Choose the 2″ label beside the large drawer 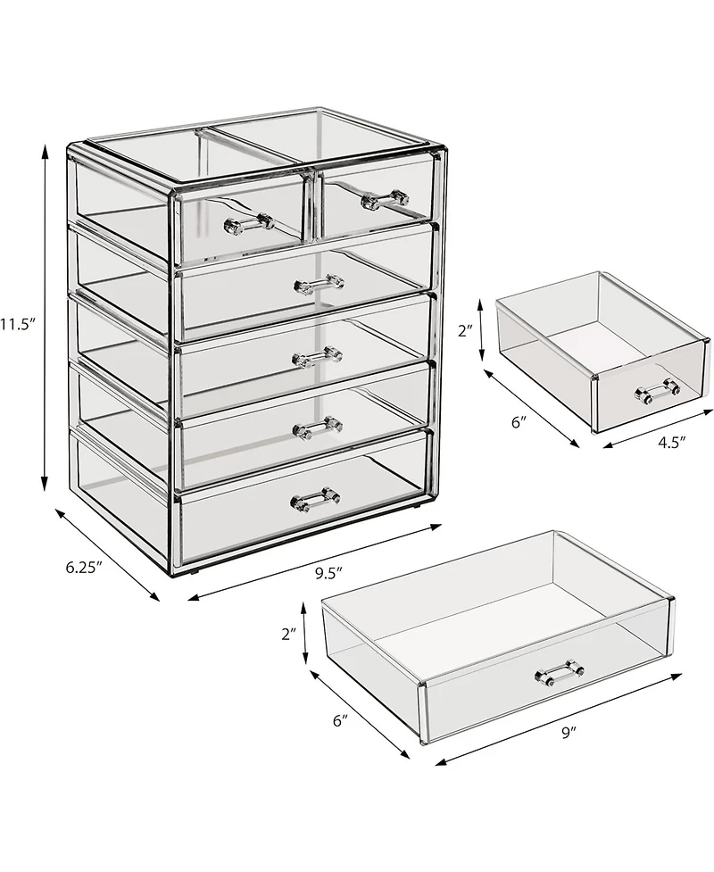287,635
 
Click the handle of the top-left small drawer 248,220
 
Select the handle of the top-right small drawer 385,199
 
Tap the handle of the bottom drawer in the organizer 315,496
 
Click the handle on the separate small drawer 657,388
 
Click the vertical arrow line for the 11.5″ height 45,321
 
